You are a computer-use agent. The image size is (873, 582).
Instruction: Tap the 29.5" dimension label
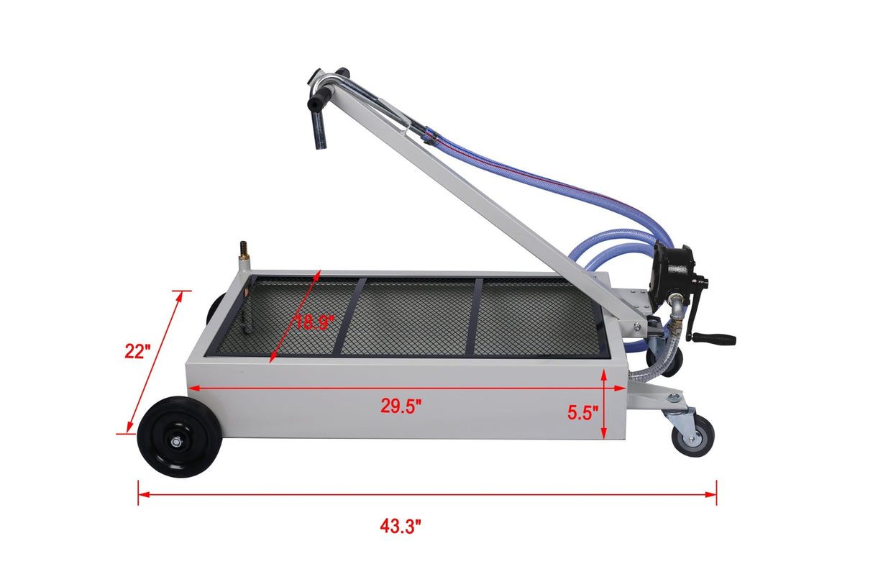coord(401,406)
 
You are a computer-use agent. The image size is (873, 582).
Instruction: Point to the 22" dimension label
coord(137,352)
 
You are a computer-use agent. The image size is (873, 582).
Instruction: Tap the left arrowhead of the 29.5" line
coord(191,388)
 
